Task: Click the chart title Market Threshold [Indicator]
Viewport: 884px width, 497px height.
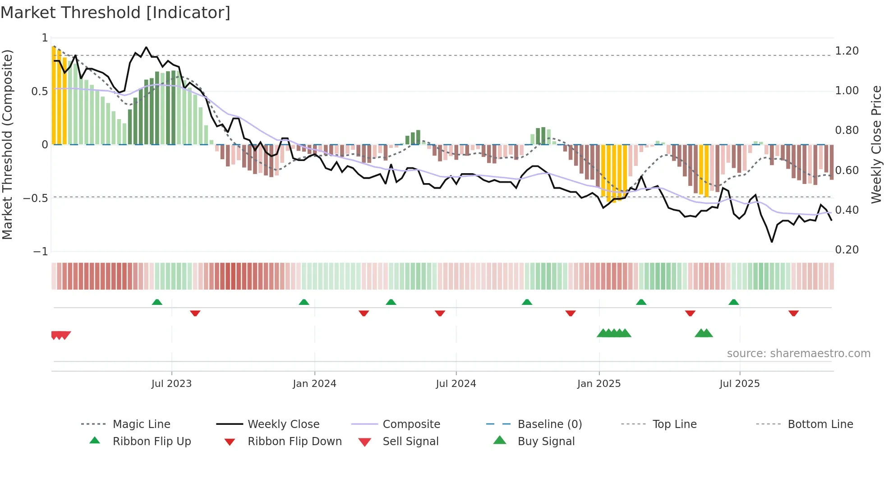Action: coord(115,13)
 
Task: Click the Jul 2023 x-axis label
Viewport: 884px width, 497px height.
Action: coord(171,384)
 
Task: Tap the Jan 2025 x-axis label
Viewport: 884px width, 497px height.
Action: coord(599,384)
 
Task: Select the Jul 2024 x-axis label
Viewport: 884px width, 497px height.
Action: coord(456,384)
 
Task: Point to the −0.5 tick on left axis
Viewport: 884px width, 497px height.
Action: coord(36,198)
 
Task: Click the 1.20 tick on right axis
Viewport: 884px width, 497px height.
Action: coord(847,51)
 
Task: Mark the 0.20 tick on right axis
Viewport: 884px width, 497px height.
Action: coord(847,250)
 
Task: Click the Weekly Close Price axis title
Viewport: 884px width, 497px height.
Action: coord(876,144)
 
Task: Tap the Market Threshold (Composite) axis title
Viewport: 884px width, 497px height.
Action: coord(7,144)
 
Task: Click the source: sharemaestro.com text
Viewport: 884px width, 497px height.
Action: coord(798,354)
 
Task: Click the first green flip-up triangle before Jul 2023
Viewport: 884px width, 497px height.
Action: coord(157,302)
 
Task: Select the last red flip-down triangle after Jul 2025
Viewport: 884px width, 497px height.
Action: coord(793,313)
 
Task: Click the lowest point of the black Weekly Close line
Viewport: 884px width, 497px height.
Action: coord(772,242)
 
